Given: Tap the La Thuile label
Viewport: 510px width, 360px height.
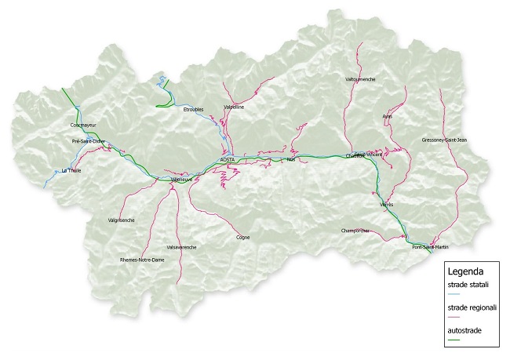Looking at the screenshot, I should click(70, 170).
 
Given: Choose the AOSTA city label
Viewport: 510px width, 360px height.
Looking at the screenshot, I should click(228, 159).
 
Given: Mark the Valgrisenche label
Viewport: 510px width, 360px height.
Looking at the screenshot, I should click(122, 220).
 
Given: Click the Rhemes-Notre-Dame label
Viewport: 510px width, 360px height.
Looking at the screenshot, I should click(142, 259).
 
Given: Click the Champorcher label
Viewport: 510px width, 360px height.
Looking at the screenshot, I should click(357, 231).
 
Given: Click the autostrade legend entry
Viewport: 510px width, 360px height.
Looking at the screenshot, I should click(464, 331).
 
